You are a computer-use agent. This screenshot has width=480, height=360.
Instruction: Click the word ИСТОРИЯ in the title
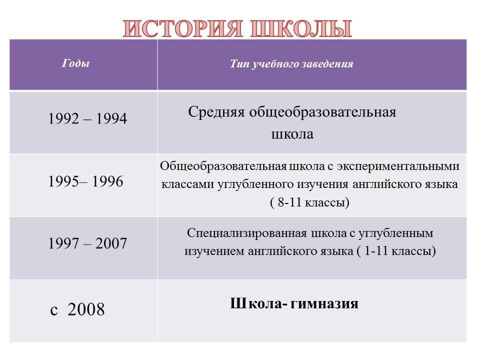pyautogui.click(x=183, y=29)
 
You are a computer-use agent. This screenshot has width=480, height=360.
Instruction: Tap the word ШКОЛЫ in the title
pyautogui.click(x=301, y=29)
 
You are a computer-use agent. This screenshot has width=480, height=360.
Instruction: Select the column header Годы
pyautogui.click(x=75, y=63)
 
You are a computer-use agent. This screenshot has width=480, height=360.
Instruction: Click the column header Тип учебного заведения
pyautogui.click(x=291, y=63)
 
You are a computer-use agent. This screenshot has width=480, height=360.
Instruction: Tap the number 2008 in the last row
pyautogui.click(x=86, y=309)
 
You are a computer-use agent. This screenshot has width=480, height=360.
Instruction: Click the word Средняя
pyautogui.click(x=216, y=112)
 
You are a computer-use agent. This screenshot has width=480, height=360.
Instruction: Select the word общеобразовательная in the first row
pyautogui.click(x=322, y=112)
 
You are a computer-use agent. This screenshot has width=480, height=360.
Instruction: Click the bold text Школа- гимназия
pyautogui.click(x=294, y=303)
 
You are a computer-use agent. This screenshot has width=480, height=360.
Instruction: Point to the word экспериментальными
pyautogui.click(x=398, y=166)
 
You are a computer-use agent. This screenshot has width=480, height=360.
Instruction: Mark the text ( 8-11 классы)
pyautogui.click(x=310, y=202)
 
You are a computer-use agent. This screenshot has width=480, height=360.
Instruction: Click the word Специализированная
pyautogui.click(x=246, y=233)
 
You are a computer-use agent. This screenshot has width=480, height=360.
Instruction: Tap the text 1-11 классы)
pyautogui.click(x=400, y=251)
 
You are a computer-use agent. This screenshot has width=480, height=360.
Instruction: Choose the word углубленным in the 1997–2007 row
pyautogui.click(x=396, y=233)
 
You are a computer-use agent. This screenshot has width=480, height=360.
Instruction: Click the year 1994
pyautogui.click(x=111, y=118)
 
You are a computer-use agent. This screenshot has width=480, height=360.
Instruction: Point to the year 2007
pyautogui.click(x=111, y=243)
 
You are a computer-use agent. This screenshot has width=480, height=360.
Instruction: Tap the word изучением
pyautogui.click(x=214, y=251)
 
